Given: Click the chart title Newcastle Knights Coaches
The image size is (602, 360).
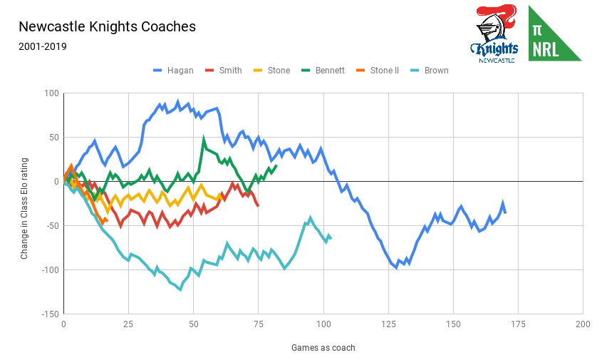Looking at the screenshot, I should pos(107,27).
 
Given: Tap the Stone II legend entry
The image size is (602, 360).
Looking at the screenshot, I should pos(385,71).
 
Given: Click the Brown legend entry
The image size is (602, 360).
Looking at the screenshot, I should pos(436,71).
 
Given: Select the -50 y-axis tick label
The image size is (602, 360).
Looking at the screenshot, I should pos(49,225).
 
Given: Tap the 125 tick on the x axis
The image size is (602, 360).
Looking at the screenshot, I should pos(388,324).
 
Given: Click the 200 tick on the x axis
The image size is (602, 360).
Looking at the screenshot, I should pos(583,324).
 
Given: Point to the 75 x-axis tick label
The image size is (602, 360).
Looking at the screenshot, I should pos(258,324).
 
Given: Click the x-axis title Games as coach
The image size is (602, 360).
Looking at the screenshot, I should pos(323,348).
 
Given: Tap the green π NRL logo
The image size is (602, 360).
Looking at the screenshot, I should pos(554,34).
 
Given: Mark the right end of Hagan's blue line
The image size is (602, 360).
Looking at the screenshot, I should pos(505,212).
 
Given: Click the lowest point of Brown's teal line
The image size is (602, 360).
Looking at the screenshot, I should pos(180,289).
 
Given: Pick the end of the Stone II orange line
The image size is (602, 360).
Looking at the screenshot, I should pos(106,221).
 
